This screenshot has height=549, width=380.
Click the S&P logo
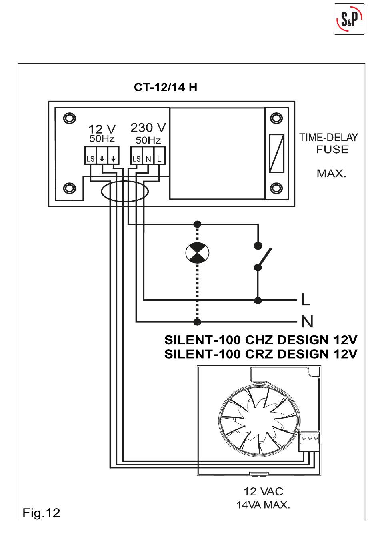pyautogui.click(x=349, y=19)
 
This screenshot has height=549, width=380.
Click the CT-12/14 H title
pyautogui.click(x=166, y=87)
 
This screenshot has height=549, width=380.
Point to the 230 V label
pyautogui.click(x=148, y=128)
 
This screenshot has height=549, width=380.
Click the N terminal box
pyautogui.click(x=148, y=156)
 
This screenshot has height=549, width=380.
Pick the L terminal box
pyautogui.click(x=159, y=156)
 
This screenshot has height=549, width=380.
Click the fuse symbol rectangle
pyautogui.click(x=276, y=153)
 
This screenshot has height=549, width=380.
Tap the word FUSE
pyautogui.click(x=332, y=150)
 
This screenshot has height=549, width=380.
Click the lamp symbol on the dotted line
pyautogui.click(x=197, y=252)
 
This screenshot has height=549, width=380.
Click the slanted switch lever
pyautogui.click(x=264, y=258)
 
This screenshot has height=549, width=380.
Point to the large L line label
pyautogui.click(x=306, y=299)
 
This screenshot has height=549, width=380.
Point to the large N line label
pyautogui.click(x=307, y=321)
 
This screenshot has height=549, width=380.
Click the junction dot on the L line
pyautogui.click(x=258, y=300)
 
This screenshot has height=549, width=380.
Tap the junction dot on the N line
pyautogui.click(x=197, y=322)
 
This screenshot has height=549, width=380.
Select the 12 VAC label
pyautogui.click(x=264, y=491)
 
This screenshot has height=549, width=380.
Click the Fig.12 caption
pyautogui.click(x=41, y=513)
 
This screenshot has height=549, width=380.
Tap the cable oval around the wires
pyautogui.click(x=125, y=192)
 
